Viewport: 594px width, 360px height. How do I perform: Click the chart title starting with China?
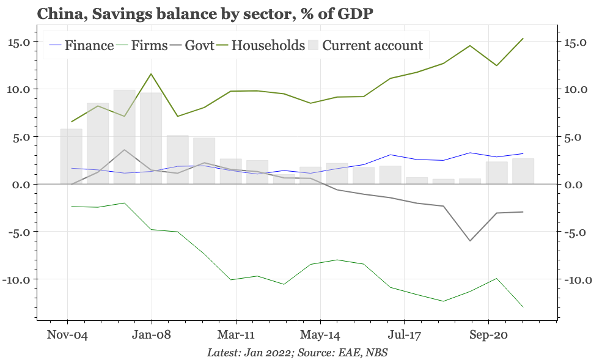pyautogui.click(x=205, y=13)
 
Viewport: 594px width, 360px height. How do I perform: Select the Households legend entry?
pyautogui.click(x=268, y=45)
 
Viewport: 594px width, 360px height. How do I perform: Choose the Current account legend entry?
pyautogui.click(x=372, y=45)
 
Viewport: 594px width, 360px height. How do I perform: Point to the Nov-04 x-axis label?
pyautogui.click(x=67, y=335)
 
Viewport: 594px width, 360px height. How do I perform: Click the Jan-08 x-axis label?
pyautogui.click(x=152, y=335)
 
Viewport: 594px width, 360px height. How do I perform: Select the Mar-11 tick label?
pyautogui.click(x=236, y=335)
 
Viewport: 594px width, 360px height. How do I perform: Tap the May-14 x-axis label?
pyautogui.click(x=320, y=335)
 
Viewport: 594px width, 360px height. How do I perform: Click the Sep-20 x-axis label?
pyautogui.click(x=488, y=335)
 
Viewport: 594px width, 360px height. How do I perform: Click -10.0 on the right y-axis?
pyautogui.click(x=574, y=280)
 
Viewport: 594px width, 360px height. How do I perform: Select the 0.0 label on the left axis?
pyautogui.click(x=21, y=185)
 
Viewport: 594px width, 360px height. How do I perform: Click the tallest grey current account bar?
pyautogui.click(x=125, y=137)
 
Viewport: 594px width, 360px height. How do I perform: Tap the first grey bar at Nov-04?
pyautogui.click(x=71, y=156)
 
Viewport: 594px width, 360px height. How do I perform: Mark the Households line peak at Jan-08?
pyautogui.click(x=152, y=74)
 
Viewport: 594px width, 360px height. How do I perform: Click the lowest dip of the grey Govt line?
pyautogui.click(x=470, y=241)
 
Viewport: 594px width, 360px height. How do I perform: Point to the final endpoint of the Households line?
pyautogui.click(x=523, y=39)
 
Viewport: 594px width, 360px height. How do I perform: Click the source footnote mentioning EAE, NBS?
pyautogui.click(x=297, y=353)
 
